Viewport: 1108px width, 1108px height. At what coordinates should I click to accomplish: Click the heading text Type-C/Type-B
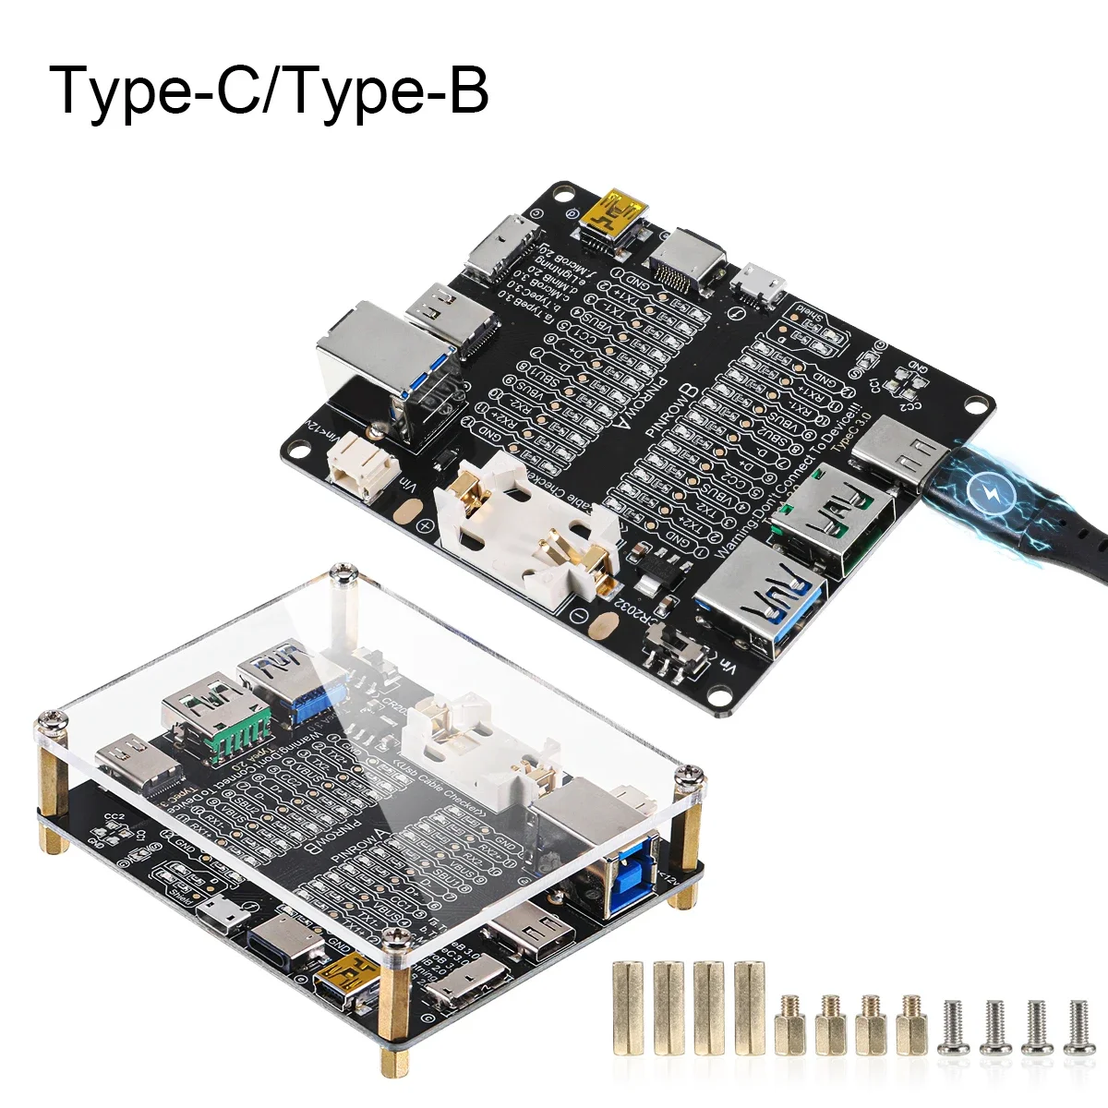point(269,90)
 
